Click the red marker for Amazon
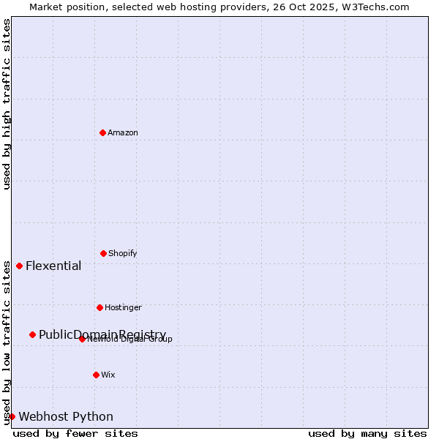pyautogui.click(x=102, y=132)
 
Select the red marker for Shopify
pyautogui.click(x=103, y=253)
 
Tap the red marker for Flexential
pyautogui.click(x=19, y=266)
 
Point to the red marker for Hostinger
pyautogui.click(x=100, y=307)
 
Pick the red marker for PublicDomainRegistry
pyautogui.click(x=32, y=334)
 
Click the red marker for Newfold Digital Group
pyautogui.click(x=82, y=339)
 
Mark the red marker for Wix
pyautogui.click(x=96, y=375)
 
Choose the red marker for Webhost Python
pyautogui.click(x=12, y=416)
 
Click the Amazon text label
pyautogui.click(x=123, y=132)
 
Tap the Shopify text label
pyautogui.click(x=123, y=253)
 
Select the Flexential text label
pyautogui.click(x=53, y=266)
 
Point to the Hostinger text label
pyautogui.click(x=123, y=307)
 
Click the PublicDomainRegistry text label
pyautogui.click(x=102, y=334)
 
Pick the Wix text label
pyautogui.click(x=108, y=375)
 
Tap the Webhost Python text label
pyautogui.click(x=66, y=416)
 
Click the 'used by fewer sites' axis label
pyautogui.click(x=75, y=433)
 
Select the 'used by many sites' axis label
pyautogui.click(x=367, y=433)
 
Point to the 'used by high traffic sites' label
pyautogui.click(x=7, y=104)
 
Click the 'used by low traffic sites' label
pyautogui.click(x=7, y=342)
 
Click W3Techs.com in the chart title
pyautogui.click(x=374, y=7)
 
